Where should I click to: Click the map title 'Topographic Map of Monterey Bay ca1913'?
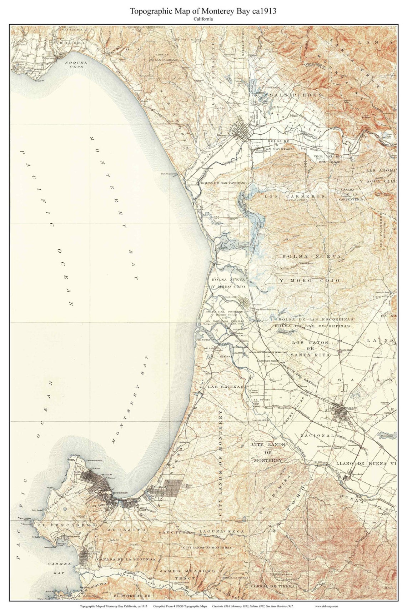click(x=203, y=11)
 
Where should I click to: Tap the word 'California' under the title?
click(x=203, y=20)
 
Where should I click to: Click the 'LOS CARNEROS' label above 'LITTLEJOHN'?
click(x=295, y=196)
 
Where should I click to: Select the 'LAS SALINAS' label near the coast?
click(x=225, y=387)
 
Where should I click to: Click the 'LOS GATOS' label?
click(x=310, y=342)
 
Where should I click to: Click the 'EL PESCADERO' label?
click(x=64, y=525)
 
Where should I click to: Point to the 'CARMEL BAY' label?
click(x=59, y=568)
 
